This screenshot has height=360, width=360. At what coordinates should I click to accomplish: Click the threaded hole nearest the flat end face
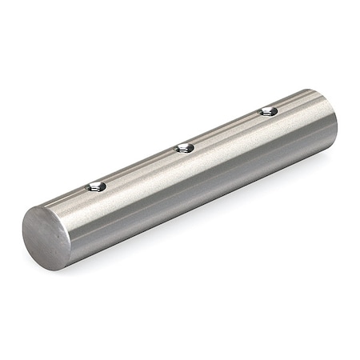point(95,188)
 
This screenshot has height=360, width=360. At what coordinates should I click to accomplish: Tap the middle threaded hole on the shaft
point(184,147)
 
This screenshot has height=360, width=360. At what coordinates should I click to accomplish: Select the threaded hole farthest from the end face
point(267,110)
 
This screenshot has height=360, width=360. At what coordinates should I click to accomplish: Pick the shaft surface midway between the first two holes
point(140,167)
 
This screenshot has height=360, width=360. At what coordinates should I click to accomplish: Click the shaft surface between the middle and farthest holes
point(226,129)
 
